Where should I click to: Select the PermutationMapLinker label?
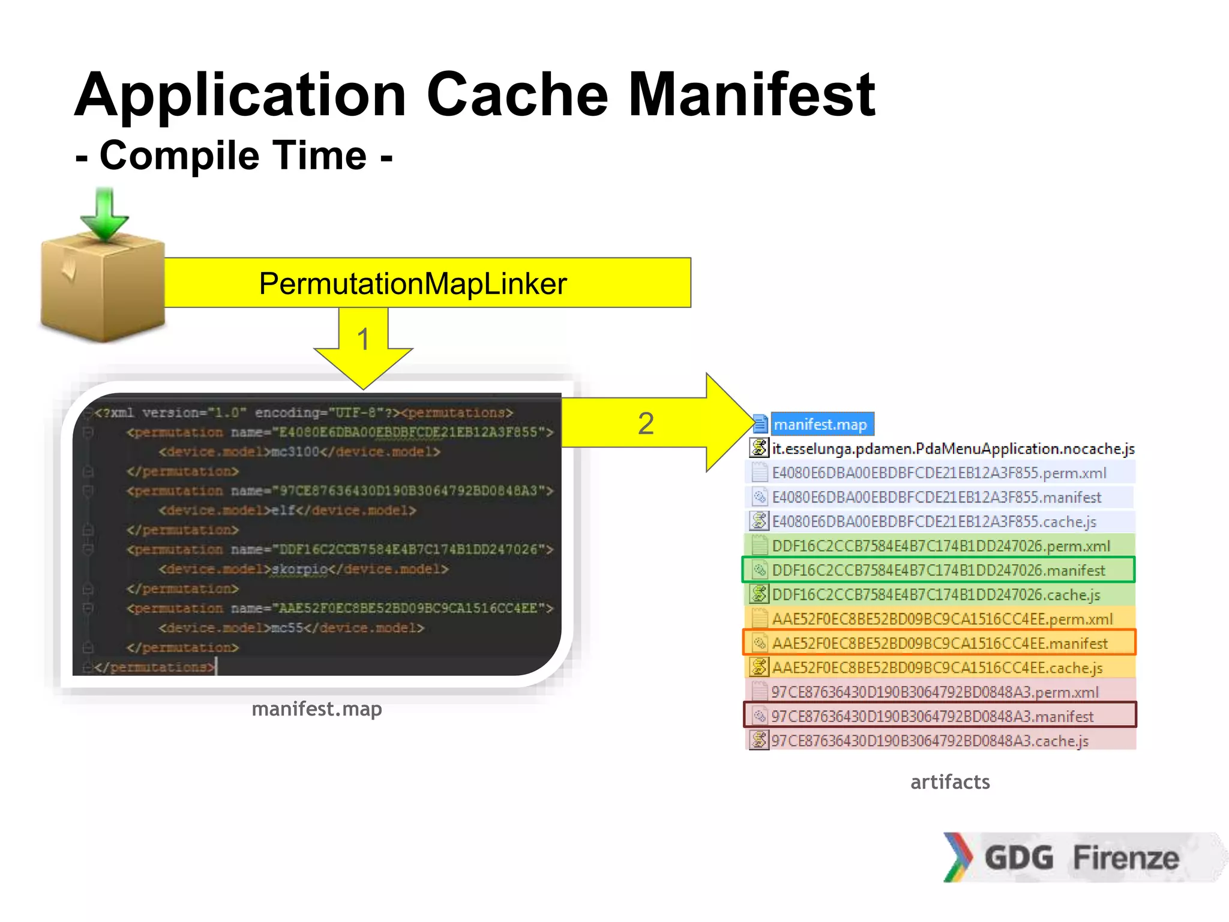[x=412, y=283]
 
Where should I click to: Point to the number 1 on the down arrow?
[x=363, y=340]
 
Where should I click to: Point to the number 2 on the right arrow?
[x=646, y=423]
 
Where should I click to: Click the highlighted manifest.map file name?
[x=820, y=424]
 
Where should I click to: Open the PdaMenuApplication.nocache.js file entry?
[x=953, y=448]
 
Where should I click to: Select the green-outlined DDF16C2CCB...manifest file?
[x=938, y=570]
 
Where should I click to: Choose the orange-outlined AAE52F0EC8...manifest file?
[x=939, y=643]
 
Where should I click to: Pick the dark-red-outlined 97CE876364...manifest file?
[x=932, y=716]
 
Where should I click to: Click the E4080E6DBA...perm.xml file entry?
[x=939, y=473]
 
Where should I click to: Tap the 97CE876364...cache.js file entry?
[x=929, y=741]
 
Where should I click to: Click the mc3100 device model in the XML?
[x=295, y=451]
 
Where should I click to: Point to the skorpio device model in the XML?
[x=299, y=569]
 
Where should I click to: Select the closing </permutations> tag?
[x=154, y=667]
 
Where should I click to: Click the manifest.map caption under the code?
[x=316, y=709]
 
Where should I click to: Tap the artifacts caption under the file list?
[x=950, y=782]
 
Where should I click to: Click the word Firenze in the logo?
[x=1126, y=857]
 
